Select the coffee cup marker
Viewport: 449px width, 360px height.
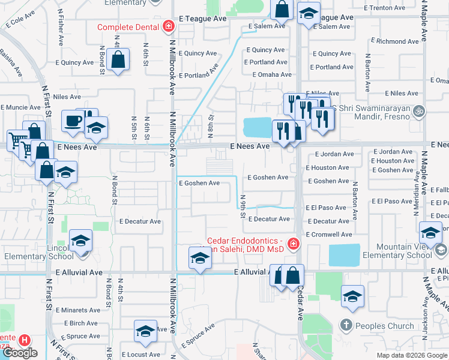pos(74,120)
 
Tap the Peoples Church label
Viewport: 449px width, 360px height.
pos(384,326)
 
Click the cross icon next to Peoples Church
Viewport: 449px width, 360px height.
pos(346,326)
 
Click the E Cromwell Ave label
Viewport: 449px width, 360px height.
pos(329,234)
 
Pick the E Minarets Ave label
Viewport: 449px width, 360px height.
pos(78,310)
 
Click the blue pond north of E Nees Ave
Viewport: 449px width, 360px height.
pos(258,127)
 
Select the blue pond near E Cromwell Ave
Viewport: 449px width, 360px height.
pos(345,255)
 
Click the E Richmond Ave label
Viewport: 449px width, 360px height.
pos(395,41)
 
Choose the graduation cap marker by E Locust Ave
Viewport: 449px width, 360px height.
pos(145,332)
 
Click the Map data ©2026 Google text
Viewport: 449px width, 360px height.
pos(411,355)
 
